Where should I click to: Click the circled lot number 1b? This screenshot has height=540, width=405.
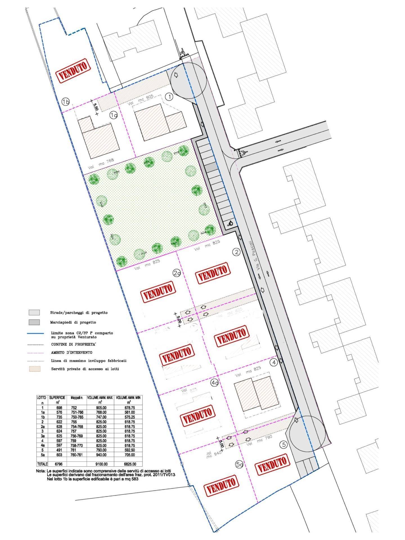[66, 102]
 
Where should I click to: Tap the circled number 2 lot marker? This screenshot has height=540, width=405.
[237, 252]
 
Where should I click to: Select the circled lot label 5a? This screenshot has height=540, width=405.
[239, 465]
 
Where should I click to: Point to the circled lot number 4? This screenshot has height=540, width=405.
[273, 363]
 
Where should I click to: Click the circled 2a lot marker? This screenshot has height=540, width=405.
[177, 273]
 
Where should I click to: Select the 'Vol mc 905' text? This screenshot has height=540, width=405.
[140, 100]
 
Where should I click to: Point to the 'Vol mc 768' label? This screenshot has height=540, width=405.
[101, 163]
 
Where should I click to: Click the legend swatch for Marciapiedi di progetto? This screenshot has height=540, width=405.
[34, 322]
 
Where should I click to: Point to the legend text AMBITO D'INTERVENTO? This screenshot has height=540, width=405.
[71, 352]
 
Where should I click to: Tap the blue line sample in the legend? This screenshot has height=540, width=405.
[36, 333]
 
